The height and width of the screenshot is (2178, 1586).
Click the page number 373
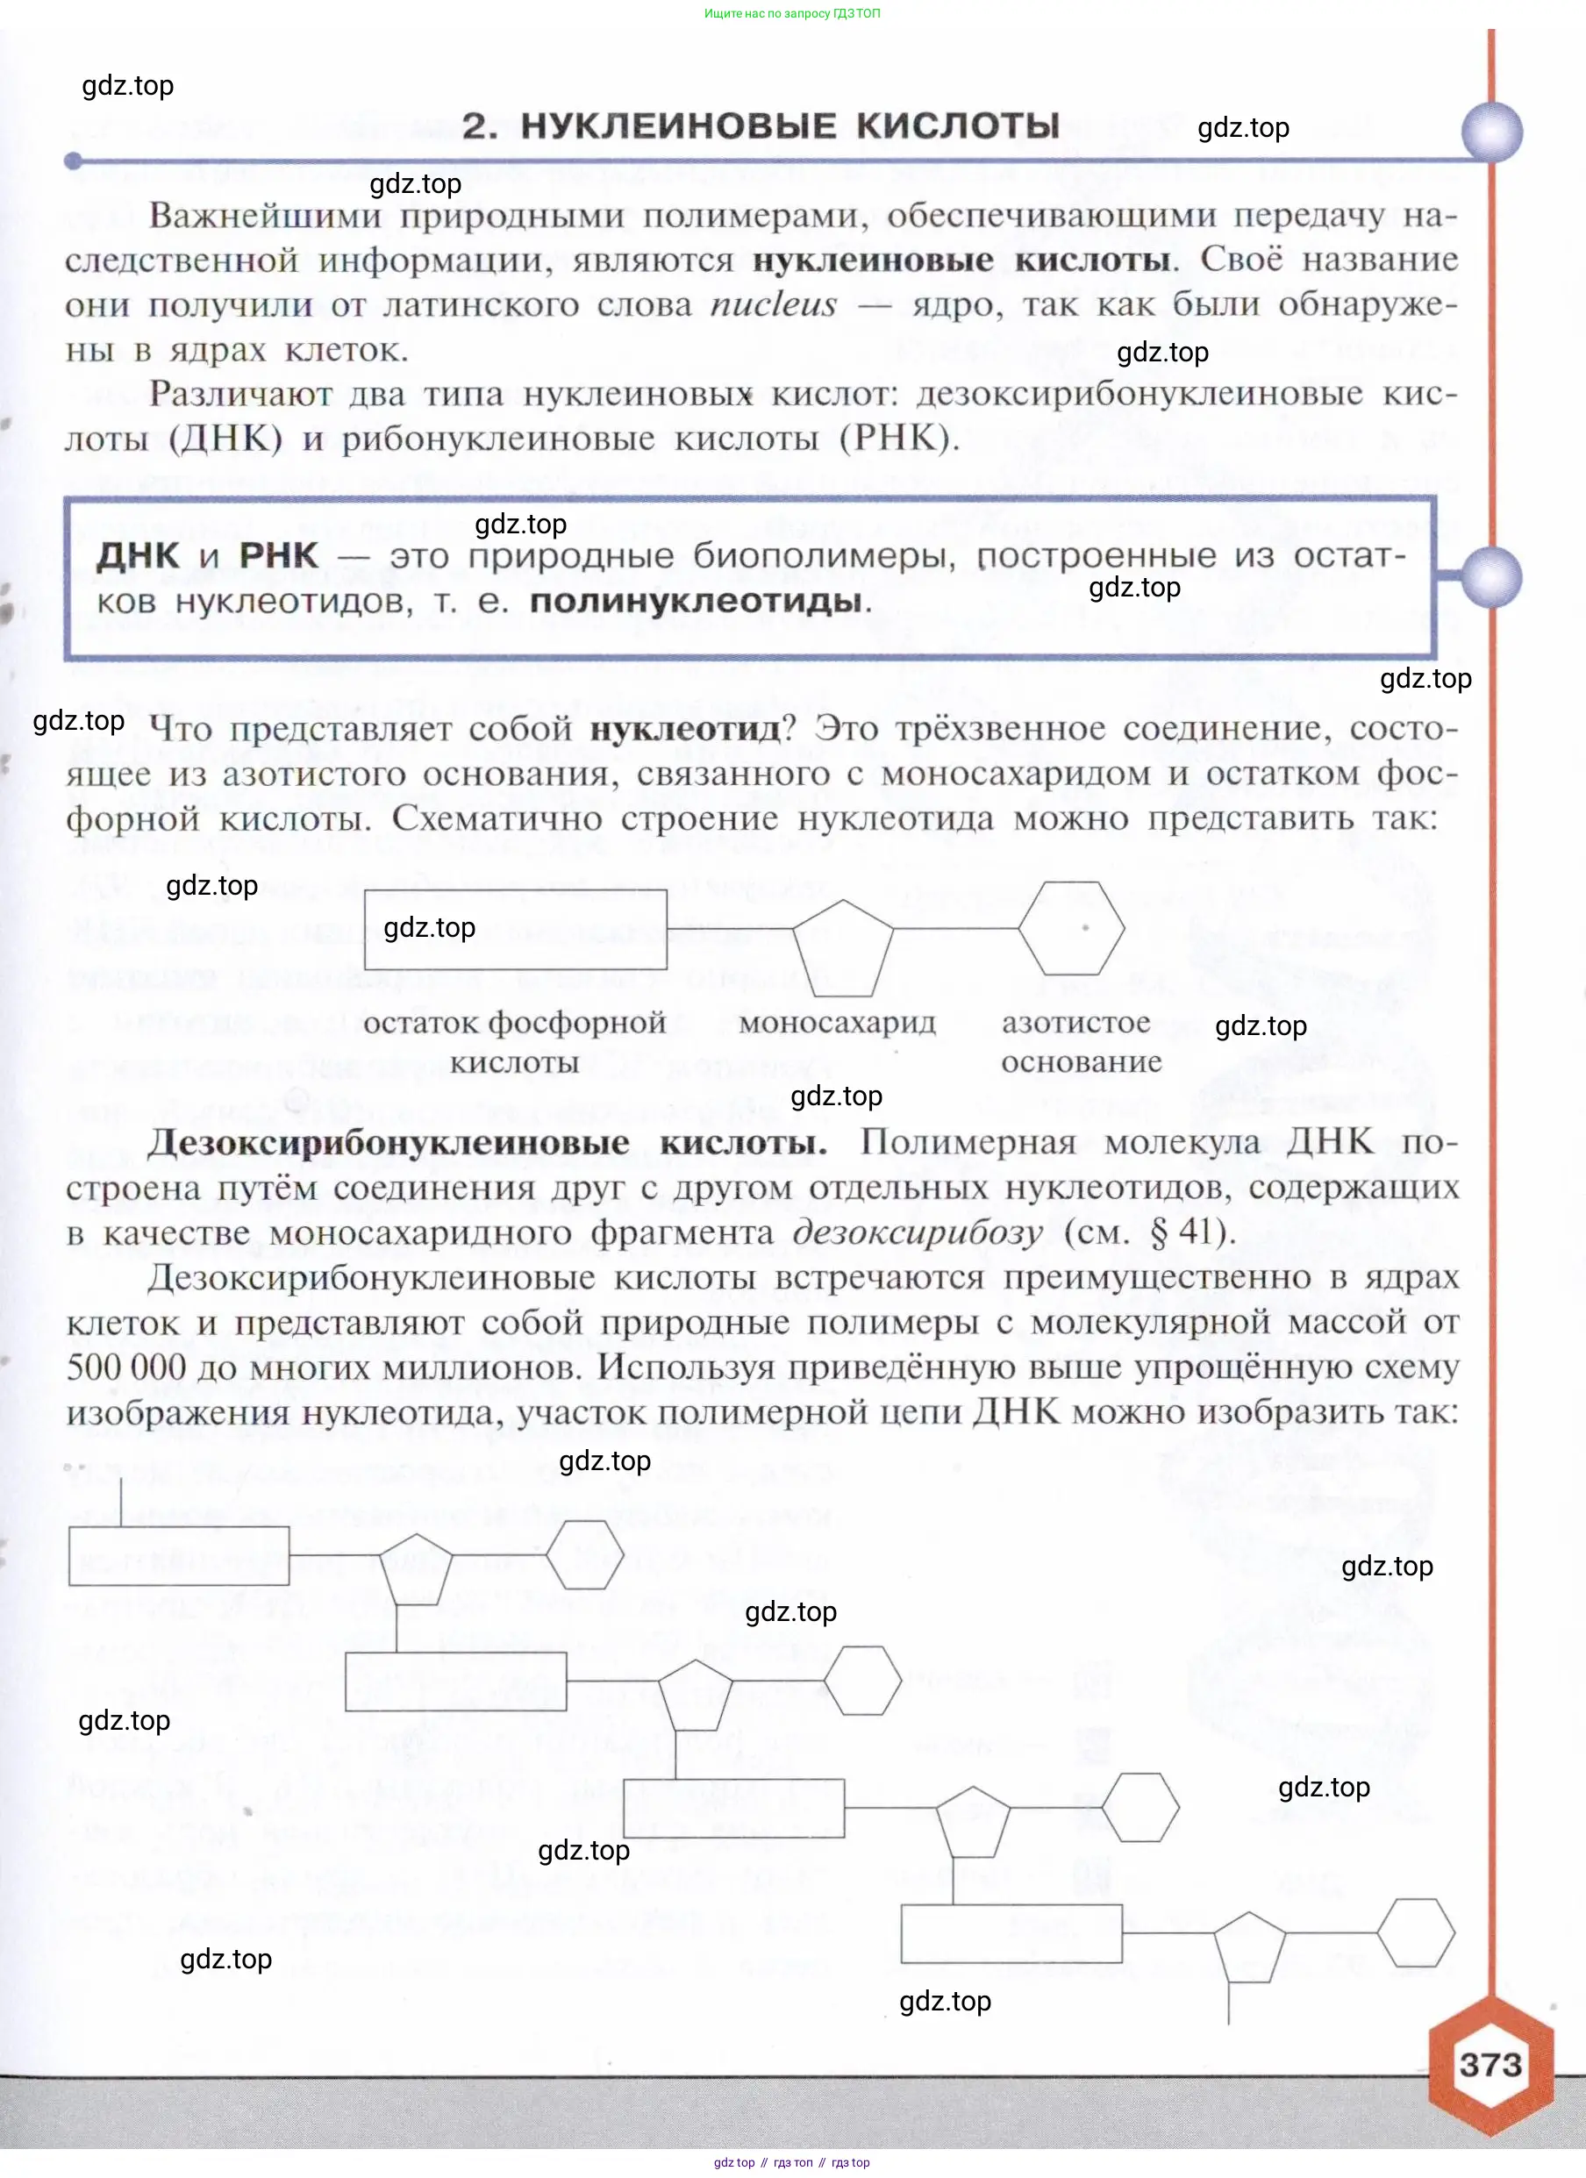(x=1490, y=2064)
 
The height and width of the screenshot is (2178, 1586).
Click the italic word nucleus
(x=774, y=305)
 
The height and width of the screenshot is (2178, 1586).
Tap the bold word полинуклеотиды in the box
(x=696, y=601)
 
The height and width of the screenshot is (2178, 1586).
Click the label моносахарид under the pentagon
(x=837, y=1023)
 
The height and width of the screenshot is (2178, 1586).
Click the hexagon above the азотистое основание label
(x=1070, y=929)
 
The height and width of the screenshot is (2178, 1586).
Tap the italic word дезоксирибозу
(x=918, y=1232)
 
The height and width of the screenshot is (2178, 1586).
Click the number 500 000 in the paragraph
(x=125, y=1367)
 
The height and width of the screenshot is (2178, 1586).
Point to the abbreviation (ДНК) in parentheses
(x=225, y=439)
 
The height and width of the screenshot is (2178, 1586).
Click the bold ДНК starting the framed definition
(x=139, y=556)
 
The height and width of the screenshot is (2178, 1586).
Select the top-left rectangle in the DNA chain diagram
(x=179, y=1554)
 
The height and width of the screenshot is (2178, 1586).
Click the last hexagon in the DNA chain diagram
(x=1415, y=1932)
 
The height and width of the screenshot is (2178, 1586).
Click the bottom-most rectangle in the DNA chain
(x=1011, y=1934)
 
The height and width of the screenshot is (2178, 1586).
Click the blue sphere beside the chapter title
(x=1491, y=132)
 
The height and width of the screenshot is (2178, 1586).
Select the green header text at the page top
(x=791, y=13)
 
